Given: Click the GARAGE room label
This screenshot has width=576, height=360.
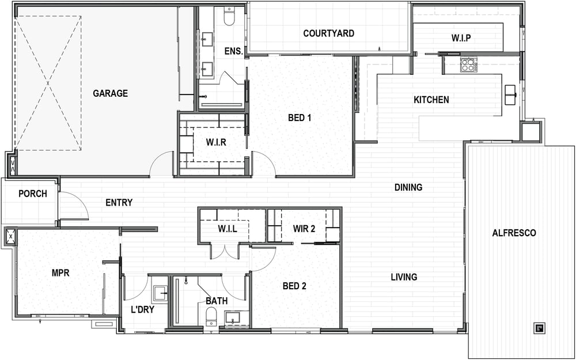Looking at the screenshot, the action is [x=110, y=93].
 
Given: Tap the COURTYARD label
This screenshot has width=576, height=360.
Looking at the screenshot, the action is [x=329, y=33].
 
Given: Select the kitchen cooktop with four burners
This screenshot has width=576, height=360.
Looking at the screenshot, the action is [x=469, y=65].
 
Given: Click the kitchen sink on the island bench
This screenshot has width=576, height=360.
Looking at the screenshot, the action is [x=510, y=95].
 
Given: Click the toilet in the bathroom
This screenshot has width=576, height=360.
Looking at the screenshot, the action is [x=211, y=317].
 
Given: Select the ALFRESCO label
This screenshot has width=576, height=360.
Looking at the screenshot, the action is [x=514, y=233].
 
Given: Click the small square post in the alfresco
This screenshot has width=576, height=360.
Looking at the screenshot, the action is [x=539, y=328].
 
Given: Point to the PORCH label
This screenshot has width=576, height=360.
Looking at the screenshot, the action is [x=33, y=194].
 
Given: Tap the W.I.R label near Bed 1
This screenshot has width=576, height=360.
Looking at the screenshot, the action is [x=216, y=142].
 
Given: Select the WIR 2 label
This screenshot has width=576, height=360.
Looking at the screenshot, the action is [x=304, y=229].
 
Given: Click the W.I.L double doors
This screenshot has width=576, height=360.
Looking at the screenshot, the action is [x=225, y=253].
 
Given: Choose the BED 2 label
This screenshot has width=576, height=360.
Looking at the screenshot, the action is [x=294, y=286].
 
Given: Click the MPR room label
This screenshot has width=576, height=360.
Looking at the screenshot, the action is [x=60, y=273].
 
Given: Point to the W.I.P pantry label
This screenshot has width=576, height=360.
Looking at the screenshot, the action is [x=461, y=38].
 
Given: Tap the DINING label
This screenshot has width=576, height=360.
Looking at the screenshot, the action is [x=408, y=187].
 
